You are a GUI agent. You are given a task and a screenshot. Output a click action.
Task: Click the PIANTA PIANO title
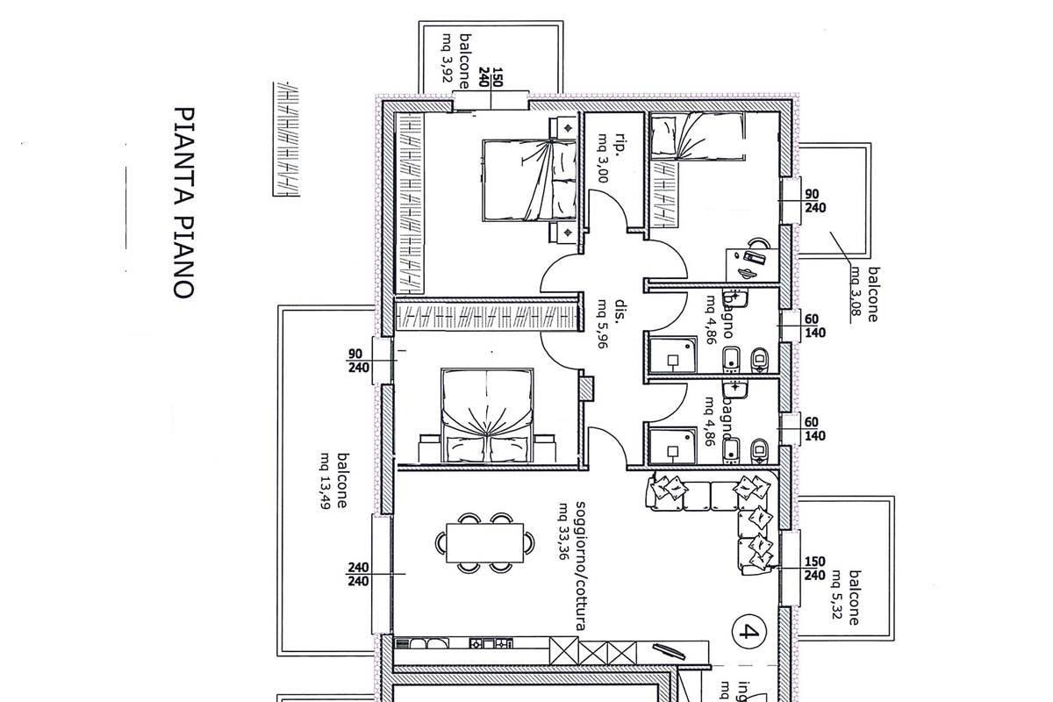[183, 203]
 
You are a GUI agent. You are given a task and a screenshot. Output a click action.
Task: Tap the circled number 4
[748, 631]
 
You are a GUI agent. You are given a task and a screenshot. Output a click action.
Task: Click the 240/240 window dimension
[359, 574]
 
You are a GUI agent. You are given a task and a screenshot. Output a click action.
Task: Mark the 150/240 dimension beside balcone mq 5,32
[814, 569]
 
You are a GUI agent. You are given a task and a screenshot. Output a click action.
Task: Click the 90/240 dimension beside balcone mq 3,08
[813, 201]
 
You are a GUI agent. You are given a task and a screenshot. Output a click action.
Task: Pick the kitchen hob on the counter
[491, 644]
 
